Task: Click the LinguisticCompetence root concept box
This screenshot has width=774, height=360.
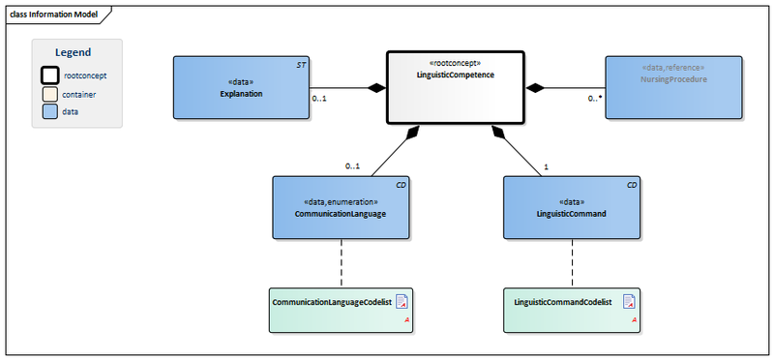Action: point(456,88)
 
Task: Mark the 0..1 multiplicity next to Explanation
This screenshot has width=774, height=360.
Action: point(318,99)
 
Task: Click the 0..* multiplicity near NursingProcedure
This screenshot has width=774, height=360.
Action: point(595,99)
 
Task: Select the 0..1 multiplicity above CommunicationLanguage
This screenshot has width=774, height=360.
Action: point(352,166)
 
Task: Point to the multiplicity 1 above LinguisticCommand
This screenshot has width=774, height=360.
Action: point(547,166)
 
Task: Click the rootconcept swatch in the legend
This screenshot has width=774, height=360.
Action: point(50,75)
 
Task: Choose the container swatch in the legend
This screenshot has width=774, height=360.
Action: point(50,94)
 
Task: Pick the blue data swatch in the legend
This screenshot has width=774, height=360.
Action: point(50,112)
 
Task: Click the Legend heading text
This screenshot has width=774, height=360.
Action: point(73,52)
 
